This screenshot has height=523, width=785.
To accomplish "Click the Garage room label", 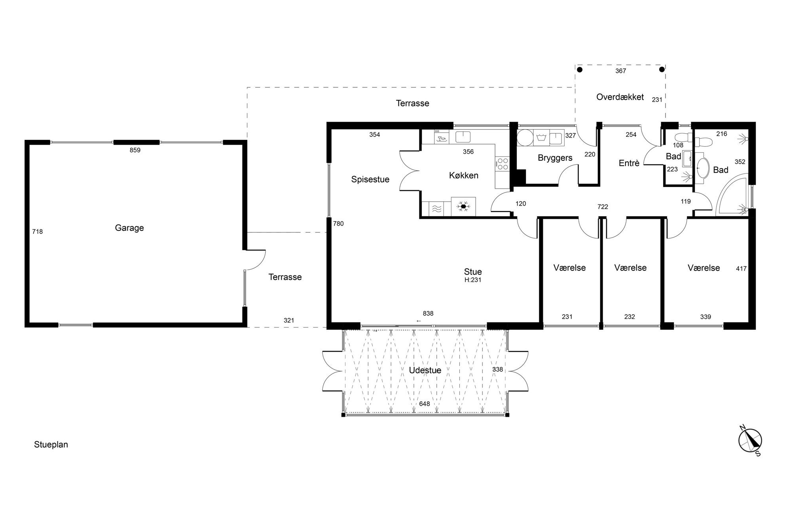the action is coord(129,228).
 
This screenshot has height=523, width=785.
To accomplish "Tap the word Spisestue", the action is coord(370,179).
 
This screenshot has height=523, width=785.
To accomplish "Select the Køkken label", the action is coord(464,175).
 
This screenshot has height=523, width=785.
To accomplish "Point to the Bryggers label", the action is coord(555,158).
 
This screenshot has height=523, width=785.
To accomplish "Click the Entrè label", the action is coord(629,163).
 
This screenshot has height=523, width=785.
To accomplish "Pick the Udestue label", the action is coord(425,370).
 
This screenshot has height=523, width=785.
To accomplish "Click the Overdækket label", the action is coord(620,97).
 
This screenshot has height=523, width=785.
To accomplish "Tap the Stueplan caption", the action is coord(51,445).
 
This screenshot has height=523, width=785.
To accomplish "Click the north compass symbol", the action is coord(750,440).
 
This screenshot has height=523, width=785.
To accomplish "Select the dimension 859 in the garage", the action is coord(135,150).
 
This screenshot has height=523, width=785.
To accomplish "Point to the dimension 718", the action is coord(38,232).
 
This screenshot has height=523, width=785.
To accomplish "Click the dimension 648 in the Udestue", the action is coord(425,404).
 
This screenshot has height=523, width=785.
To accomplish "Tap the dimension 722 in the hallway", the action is coord(603,207).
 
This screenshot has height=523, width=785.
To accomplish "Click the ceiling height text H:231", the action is coord(473,280).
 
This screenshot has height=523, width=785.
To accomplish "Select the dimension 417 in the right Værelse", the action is coord(741,269).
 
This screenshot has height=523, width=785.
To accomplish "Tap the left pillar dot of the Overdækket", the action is coord(580,70).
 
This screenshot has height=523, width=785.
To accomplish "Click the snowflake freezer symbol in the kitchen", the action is coord(463,206).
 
